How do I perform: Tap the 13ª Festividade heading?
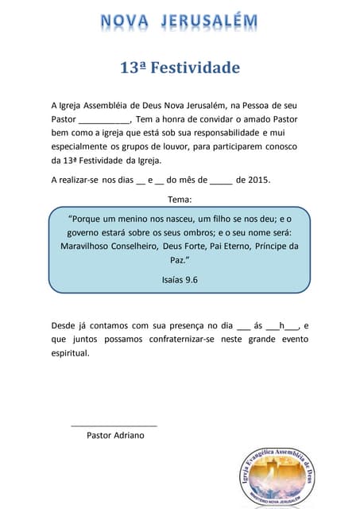180,68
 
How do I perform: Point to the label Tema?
180,198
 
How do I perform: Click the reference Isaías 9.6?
180,280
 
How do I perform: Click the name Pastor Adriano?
115,435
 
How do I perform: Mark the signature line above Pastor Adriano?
114,425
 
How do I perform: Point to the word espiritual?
70,353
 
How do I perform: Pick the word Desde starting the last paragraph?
64,325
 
